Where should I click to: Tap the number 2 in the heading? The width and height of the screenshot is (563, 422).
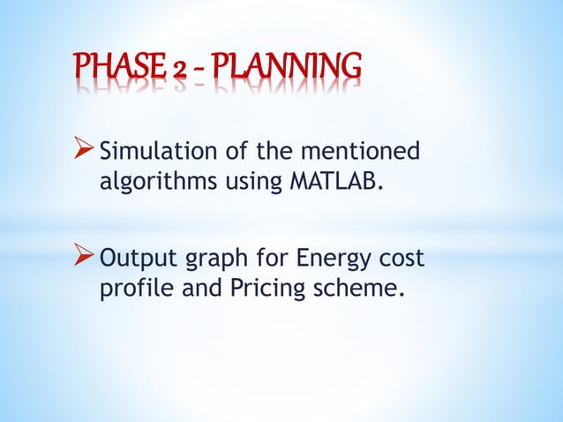point(181,68)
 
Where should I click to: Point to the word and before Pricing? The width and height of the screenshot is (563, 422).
point(195,289)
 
